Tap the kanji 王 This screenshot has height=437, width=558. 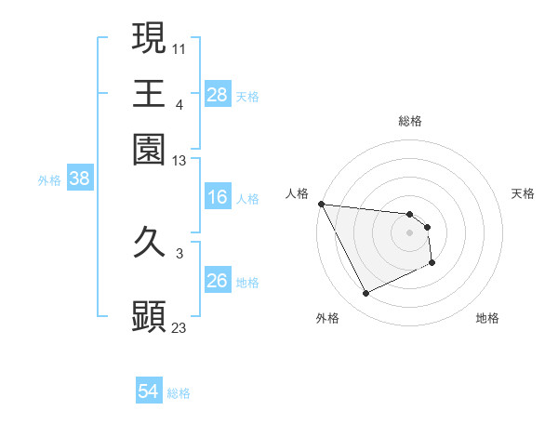tap(149, 94)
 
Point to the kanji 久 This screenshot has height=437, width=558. tap(149, 244)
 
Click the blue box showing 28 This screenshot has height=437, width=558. tap(217, 94)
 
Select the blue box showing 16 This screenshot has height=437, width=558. tap(217, 197)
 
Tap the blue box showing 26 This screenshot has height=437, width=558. tap(217, 281)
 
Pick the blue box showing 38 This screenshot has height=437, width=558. tap(79, 179)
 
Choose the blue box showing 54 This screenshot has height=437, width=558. tap(148, 391)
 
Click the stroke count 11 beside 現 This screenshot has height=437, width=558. tap(179, 46)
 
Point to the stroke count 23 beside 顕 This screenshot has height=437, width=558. tap(179, 327)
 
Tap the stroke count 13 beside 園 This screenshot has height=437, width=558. tap(179, 161)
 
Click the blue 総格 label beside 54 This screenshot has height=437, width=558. tap(179, 393)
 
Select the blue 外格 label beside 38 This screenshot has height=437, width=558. tap(49, 180)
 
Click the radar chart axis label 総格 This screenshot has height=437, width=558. tap(409, 121)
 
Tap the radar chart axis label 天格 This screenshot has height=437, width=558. tap(524, 193)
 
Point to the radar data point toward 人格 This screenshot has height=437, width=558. tap(321, 204)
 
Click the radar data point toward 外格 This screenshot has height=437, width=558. tap(365, 294)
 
